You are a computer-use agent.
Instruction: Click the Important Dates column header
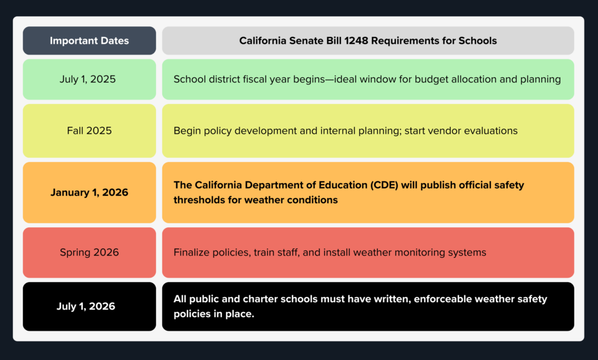tap(89, 41)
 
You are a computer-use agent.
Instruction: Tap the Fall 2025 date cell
tap(89, 131)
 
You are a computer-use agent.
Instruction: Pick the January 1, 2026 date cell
tap(89, 192)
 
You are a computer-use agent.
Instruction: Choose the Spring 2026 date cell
tap(89, 252)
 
